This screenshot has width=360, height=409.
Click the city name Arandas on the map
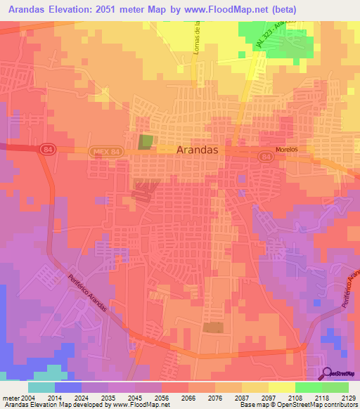198,150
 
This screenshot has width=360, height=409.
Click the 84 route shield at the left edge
47,149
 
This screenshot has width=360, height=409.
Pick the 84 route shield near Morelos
265,156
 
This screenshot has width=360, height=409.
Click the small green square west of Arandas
145,142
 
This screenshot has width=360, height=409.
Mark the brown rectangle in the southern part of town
213,327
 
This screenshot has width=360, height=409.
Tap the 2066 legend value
188,398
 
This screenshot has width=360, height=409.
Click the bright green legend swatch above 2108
308,387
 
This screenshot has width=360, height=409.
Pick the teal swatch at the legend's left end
41,387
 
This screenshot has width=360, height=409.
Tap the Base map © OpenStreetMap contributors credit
298,405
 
